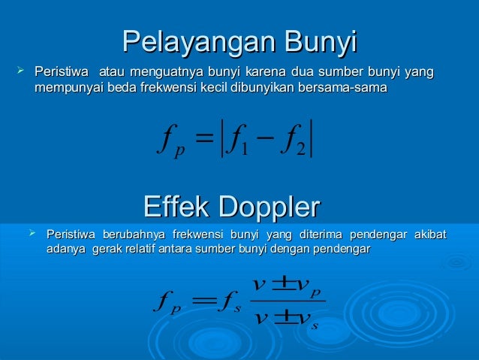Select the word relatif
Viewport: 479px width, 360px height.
click(x=154, y=249)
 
